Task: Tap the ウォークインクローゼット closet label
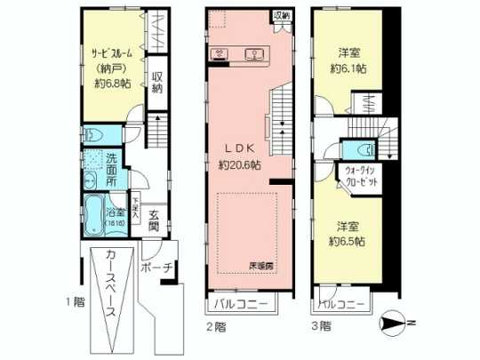coord(355,174)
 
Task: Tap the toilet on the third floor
coord(360,148)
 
